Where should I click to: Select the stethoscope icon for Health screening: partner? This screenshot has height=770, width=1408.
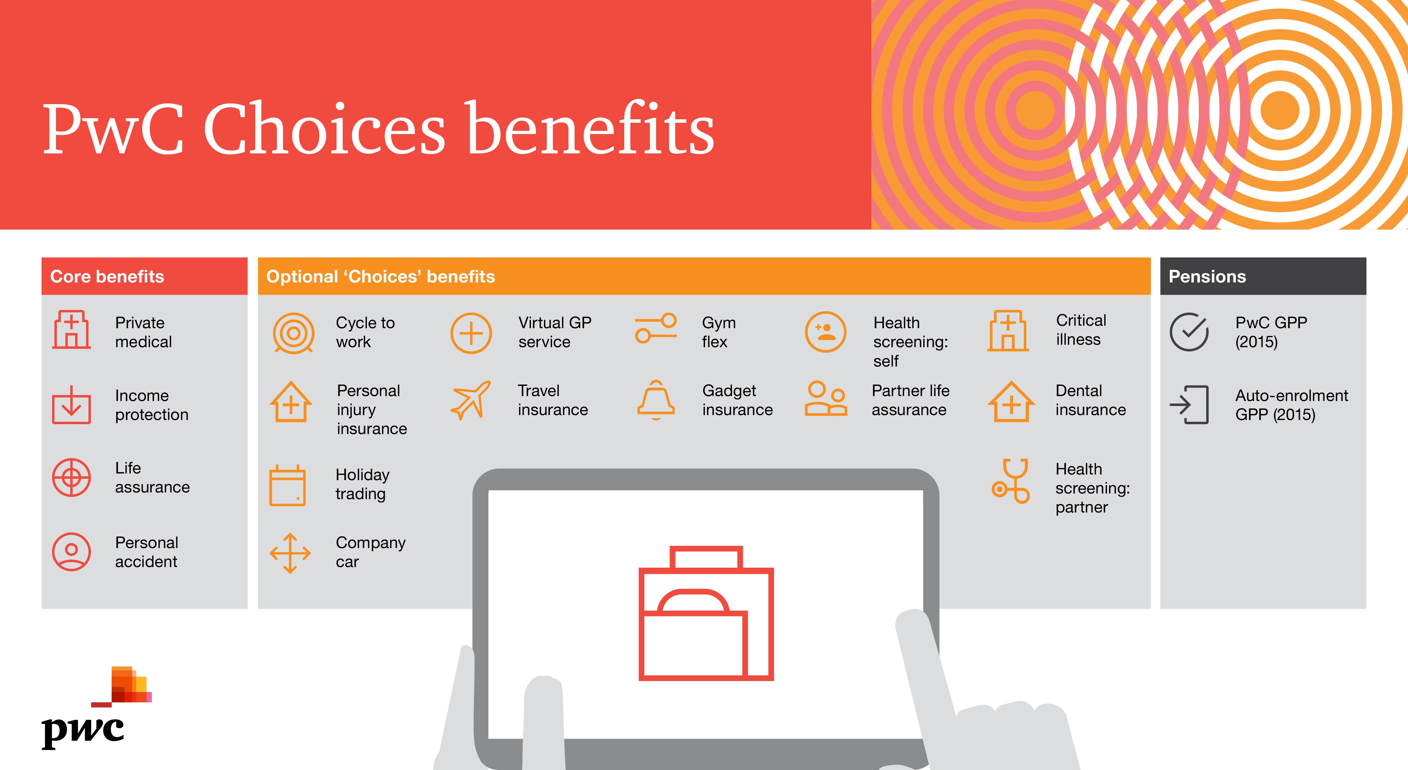click(1010, 481)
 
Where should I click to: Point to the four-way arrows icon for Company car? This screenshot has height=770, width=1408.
click(290, 553)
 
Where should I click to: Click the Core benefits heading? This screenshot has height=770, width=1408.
click(107, 276)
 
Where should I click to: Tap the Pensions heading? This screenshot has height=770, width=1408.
click(1207, 276)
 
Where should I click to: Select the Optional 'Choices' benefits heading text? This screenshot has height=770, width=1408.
click(380, 276)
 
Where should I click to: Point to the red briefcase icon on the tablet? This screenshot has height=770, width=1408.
click(706, 613)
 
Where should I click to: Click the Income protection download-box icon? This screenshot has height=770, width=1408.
click(71, 405)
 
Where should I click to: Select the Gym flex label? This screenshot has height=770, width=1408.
click(719, 332)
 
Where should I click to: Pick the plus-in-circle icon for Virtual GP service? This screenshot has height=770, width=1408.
click(471, 333)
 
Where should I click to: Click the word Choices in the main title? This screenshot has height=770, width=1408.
click(325, 129)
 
